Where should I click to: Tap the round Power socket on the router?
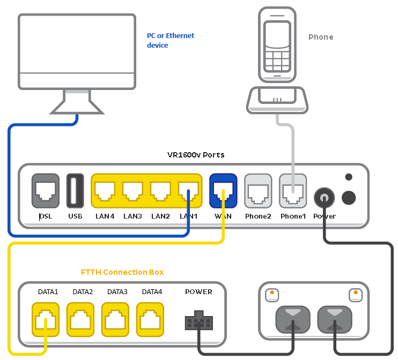coord(324,198)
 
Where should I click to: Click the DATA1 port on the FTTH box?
coord(46,319)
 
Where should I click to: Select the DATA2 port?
coord(80,319)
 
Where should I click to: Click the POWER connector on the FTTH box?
coord(198,322)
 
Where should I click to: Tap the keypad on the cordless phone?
coord(276,58)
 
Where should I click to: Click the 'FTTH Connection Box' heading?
coord(122,272)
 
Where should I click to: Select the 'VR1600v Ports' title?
coord(196,155)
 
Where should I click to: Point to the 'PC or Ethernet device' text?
coord(171,40)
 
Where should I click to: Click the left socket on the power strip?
coord(292,320)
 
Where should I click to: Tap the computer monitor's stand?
coord(76,101)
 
